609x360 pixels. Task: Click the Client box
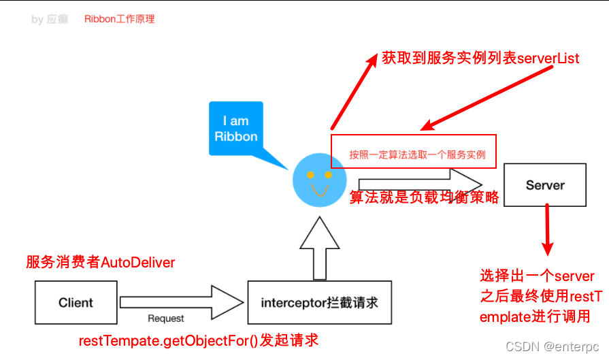(76, 302)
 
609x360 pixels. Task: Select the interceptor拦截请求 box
(319, 302)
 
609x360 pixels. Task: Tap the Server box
(545, 185)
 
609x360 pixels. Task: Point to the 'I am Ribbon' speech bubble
(236, 129)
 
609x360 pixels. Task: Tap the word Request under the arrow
(166, 318)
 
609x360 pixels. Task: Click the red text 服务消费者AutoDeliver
(100, 263)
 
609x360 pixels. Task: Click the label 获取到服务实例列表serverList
(480, 59)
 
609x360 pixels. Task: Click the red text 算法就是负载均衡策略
(424, 198)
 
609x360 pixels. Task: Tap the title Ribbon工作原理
(120, 19)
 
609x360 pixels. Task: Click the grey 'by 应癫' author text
(50, 19)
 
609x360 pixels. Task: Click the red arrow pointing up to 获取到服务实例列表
(353, 92)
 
